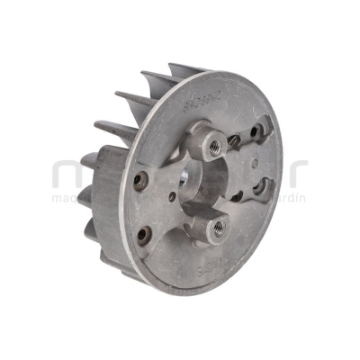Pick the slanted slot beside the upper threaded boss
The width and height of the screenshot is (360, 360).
pyautogui.click(x=237, y=138)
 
